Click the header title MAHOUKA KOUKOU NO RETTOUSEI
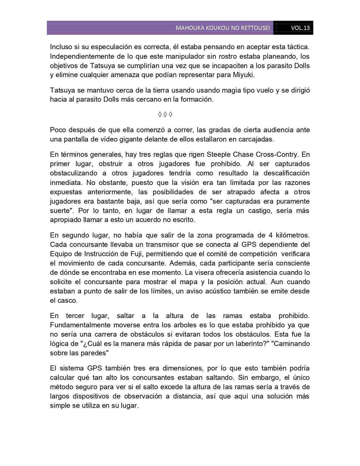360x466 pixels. click(x=222, y=28)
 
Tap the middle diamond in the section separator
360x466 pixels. click(x=165, y=114)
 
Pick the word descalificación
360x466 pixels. click(x=287, y=173)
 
